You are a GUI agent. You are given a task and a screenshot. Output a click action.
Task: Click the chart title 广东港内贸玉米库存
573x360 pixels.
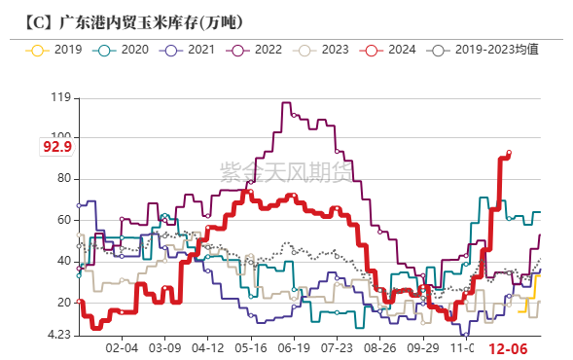(136, 20)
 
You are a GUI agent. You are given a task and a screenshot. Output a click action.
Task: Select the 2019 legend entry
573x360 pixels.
(58, 49)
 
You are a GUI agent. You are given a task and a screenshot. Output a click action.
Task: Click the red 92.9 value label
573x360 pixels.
(57, 147)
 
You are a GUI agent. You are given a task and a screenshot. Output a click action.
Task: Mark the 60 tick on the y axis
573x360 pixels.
(63, 220)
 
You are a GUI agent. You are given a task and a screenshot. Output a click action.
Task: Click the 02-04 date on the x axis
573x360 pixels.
(122, 347)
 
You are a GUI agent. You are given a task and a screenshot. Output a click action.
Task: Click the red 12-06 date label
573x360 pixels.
(508, 348)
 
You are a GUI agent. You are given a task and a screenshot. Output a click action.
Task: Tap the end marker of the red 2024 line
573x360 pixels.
(509, 153)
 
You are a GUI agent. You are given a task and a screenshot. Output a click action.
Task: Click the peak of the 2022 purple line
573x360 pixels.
(285, 102)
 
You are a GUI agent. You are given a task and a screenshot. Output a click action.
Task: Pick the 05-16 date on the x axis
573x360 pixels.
(251, 347)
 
